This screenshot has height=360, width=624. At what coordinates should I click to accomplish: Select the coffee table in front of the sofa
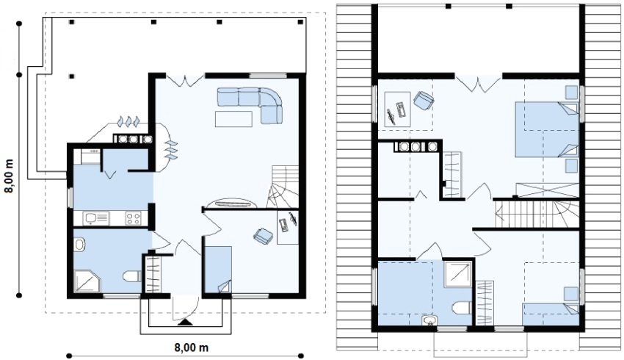pos(233,119)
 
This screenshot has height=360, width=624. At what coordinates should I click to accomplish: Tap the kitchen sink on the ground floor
pos(96,218)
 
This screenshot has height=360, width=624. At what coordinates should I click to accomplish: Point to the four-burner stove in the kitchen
pos(134,218)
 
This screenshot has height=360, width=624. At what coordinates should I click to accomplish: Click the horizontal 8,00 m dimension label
pos(192,348)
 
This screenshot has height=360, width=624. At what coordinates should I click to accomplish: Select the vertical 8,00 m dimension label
pos(9,176)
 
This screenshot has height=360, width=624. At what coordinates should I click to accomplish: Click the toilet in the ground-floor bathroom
pos(131,276)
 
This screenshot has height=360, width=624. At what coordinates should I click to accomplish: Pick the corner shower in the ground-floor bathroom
pos(87,281)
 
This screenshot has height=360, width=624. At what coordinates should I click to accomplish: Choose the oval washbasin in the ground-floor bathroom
pos(79,245)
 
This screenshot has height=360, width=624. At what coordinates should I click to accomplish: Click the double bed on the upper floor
pos(547,129)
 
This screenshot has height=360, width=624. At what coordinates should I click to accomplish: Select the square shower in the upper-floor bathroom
pos(458,274)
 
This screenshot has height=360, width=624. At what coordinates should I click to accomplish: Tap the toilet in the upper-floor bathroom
pos(462,308)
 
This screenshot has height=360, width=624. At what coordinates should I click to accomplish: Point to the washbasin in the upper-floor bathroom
pos(429,321)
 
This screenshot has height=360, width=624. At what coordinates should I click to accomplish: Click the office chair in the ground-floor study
pos(263,235)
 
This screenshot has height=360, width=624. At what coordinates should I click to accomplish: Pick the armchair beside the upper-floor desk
pos(423,100)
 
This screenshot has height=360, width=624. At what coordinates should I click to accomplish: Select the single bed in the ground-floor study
pos(218,269)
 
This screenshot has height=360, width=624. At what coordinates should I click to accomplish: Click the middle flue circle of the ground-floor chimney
pos(134,140)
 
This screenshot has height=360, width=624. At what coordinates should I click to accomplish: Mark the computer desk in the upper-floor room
pos(397,109)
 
